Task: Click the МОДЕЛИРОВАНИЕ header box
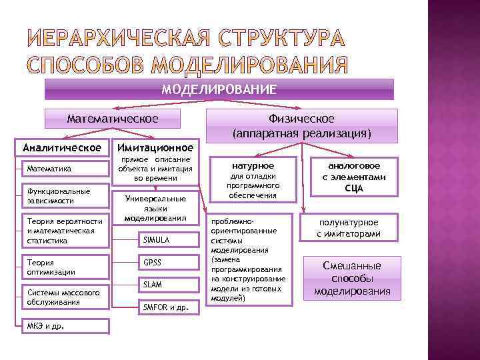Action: point(219,89)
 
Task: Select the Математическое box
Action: point(113,119)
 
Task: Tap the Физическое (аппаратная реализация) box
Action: point(301,125)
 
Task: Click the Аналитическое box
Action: point(62,147)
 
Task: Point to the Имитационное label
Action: point(155,147)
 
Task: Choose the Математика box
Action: point(65,169)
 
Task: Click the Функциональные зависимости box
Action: point(65,195)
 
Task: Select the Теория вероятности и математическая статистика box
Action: point(65,231)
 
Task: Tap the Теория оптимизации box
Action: point(65,267)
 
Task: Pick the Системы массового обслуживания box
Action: point(65,297)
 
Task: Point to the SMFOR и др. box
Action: point(170,307)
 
